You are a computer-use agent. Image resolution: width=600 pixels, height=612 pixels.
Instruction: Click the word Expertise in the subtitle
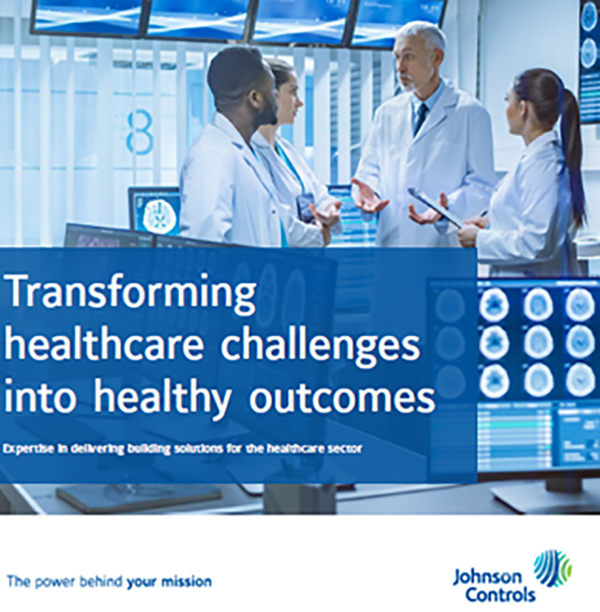point(30,448)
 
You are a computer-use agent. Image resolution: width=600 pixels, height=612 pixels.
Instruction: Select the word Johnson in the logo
point(487,576)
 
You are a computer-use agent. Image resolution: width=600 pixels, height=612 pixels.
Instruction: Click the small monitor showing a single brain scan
point(155,212)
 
